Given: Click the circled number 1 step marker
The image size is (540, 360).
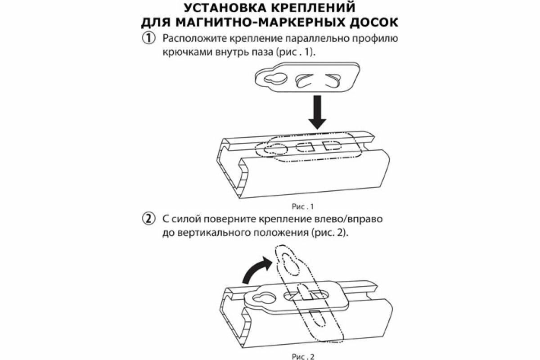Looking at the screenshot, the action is tap(148, 38).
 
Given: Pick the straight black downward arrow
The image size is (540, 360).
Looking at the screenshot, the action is tap(318, 111).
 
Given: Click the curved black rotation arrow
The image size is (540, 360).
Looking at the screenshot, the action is tap(256, 269).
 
